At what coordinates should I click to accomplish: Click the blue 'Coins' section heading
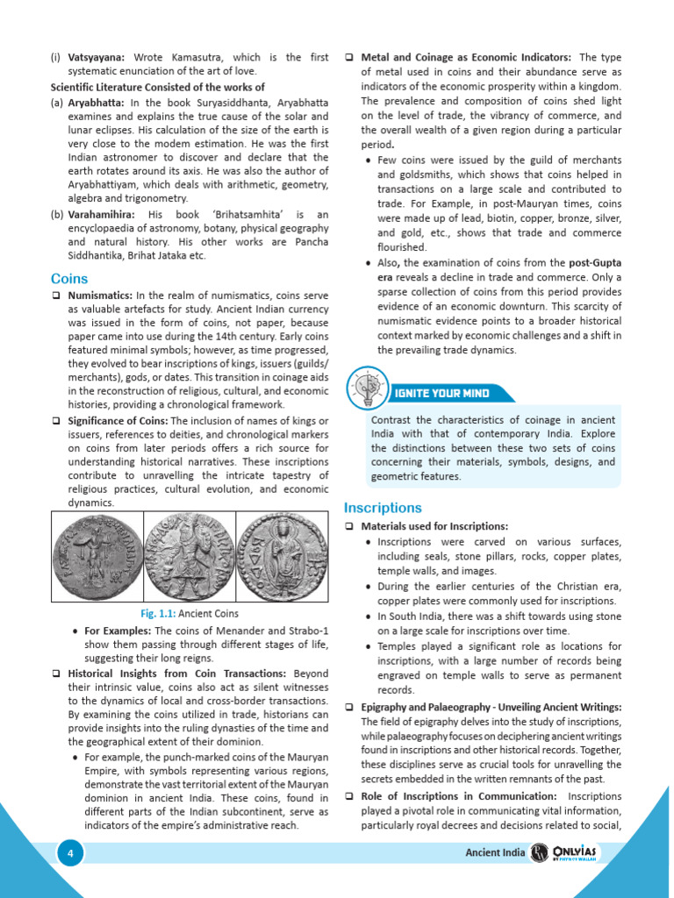click(69, 279)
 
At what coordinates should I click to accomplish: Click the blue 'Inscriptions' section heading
click(383, 508)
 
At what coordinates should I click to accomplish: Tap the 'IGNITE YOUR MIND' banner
click(439, 393)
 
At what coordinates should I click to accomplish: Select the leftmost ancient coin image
click(96, 557)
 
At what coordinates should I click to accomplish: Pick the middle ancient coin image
click(188, 557)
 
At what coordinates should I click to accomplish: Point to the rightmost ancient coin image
click(282, 557)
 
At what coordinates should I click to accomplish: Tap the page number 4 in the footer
click(70, 853)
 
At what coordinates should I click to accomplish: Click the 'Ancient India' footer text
click(494, 853)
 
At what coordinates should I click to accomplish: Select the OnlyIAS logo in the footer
click(571, 853)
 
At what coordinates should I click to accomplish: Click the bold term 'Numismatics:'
click(100, 296)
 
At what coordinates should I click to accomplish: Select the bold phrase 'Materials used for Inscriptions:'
click(434, 526)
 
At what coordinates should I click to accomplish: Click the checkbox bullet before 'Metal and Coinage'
click(349, 58)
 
